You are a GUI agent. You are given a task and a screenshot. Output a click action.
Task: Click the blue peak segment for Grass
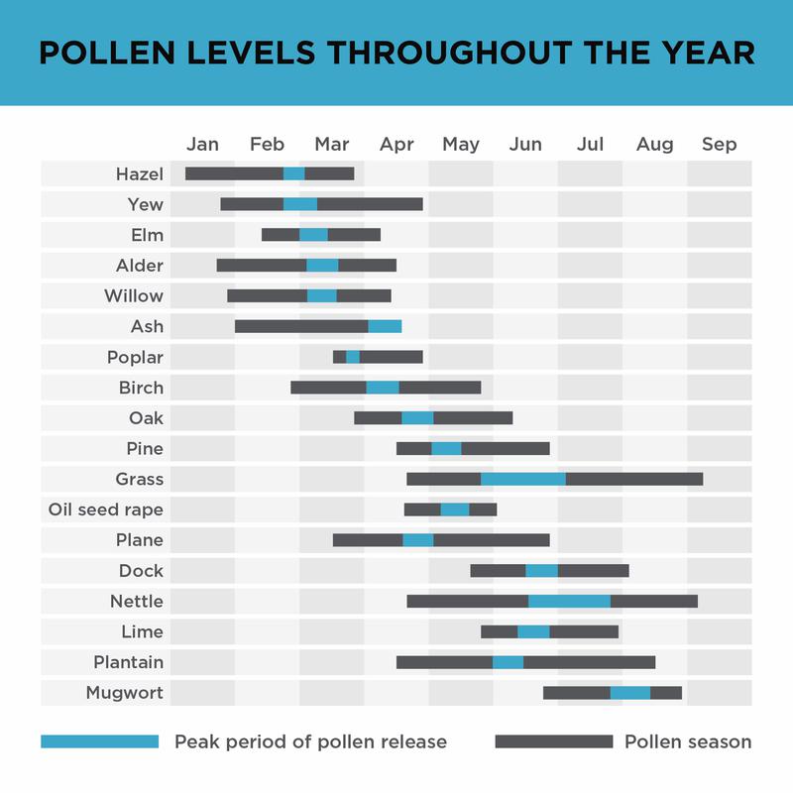pyautogui.click(x=523, y=479)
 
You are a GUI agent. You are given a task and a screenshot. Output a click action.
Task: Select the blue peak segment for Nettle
pyautogui.click(x=569, y=601)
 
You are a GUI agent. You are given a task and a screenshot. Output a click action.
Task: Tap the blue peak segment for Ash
pyautogui.click(x=385, y=326)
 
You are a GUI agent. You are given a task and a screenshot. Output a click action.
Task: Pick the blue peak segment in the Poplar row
pyautogui.click(x=353, y=357)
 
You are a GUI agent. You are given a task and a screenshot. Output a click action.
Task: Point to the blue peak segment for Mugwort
pyautogui.click(x=629, y=693)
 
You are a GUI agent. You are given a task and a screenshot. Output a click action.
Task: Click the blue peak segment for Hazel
pyautogui.click(x=293, y=173)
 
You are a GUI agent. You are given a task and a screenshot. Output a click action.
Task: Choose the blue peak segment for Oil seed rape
pyautogui.click(x=455, y=510)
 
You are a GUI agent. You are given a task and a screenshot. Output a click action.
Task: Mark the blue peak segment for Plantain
pyautogui.click(x=508, y=662)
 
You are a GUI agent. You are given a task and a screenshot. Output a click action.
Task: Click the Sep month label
pyautogui.click(x=719, y=145)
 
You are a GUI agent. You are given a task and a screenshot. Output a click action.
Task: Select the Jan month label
pyautogui.click(x=202, y=145)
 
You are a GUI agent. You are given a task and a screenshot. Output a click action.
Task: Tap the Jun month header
pyautogui.click(x=525, y=145)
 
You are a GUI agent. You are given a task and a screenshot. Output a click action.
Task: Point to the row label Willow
pyautogui.click(x=134, y=296)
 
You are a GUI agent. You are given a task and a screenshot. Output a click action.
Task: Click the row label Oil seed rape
pyautogui.click(x=106, y=510)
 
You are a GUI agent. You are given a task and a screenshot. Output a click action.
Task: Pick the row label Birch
pyautogui.click(x=141, y=388)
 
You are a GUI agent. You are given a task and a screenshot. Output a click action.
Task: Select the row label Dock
pyautogui.click(x=141, y=571)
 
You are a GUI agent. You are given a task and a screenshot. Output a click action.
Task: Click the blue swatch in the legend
pyautogui.click(x=99, y=741)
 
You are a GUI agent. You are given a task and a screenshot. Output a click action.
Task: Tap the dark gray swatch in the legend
pyautogui.click(x=553, y=741)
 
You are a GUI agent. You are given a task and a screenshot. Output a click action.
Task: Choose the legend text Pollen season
pyautogui.click(x=688, y=741)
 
